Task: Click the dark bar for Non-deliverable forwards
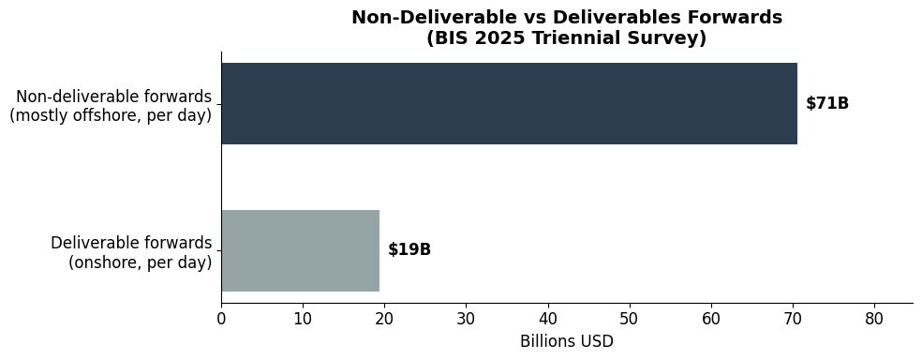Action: (x=509, y=104)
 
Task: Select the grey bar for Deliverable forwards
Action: (x=300, y=250)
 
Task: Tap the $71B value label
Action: (x=827, y=104)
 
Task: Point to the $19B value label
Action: (x=409, y=250)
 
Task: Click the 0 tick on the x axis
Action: (x=221, y=319)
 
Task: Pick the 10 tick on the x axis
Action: (x=303, y=319)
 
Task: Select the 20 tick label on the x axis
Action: (x=384, y=319)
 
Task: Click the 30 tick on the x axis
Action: (x=466, y=319)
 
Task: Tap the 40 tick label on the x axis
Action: (x=547, y=319)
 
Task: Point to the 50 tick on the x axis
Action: (x=629, y=319)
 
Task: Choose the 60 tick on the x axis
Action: (x=711, y=319)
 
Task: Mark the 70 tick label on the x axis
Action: (x=793, y=319)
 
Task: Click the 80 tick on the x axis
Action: (x=874, y=319)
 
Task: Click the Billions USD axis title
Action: (x=566, y=342)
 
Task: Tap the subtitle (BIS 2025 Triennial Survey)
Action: (x=566, y=38)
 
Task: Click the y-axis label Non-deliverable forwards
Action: (x=113, y=97)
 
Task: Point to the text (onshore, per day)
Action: (x=140, y=262)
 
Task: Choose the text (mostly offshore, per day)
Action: (x=111, y=115)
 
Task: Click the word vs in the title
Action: (x=535, y=18)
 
